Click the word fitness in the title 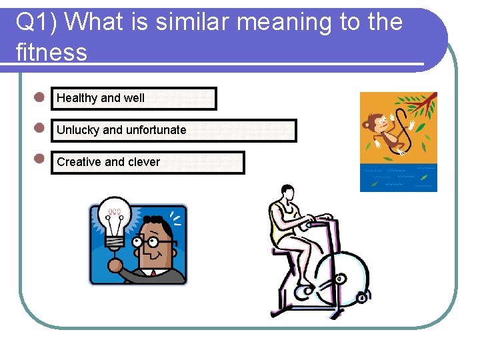(51, 52)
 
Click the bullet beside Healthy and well (39, 97)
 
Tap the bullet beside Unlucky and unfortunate (39, 127)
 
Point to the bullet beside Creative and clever (39, 159)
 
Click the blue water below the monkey (398, 178)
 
